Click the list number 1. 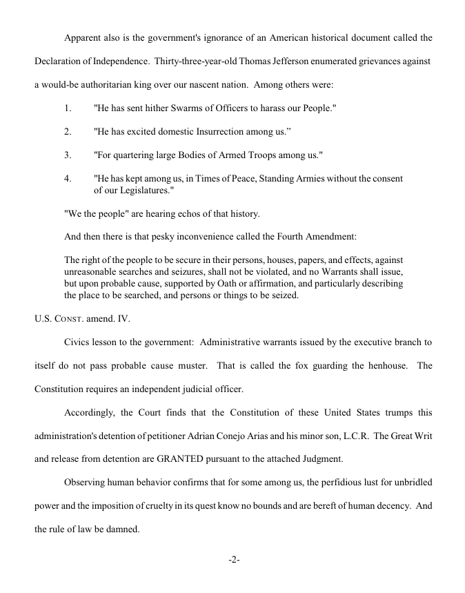(68, 108)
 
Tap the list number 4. (68, 178)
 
